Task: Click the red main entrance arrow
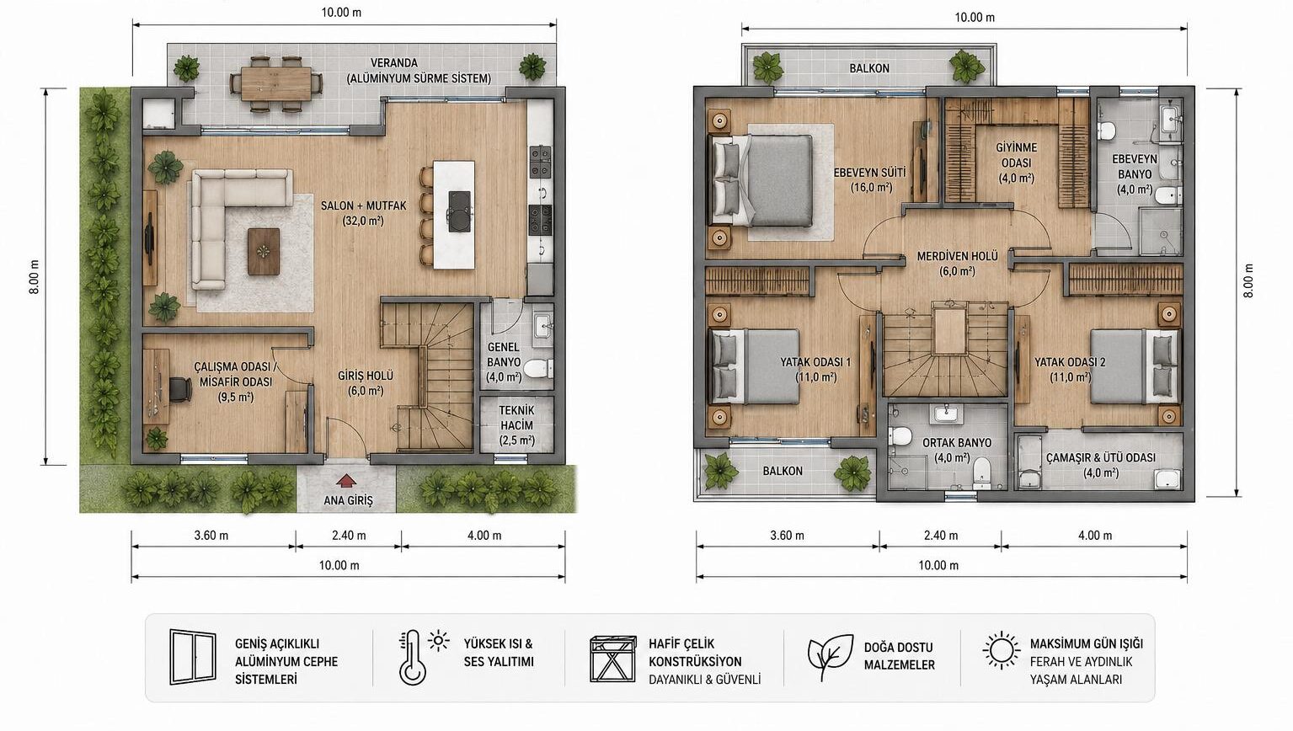point(345,481)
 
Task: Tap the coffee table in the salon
point(264,252)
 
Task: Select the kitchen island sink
point(459,211)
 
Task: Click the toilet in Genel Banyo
point(539,368)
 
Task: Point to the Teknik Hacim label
point(516,425)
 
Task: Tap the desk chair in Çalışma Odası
point(180,388)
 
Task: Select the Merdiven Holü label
point(957,263)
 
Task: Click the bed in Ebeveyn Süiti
point(761,180)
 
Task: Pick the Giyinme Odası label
point(1016,163)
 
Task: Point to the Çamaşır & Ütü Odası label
point(1101,465)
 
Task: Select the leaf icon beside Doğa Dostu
point(830,657)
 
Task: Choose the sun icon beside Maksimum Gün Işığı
point(1002,650)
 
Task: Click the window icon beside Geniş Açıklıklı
point(193,657)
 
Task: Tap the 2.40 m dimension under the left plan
point(349,536)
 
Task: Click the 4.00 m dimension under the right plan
point(1095,536)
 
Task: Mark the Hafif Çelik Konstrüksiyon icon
point(612,659)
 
